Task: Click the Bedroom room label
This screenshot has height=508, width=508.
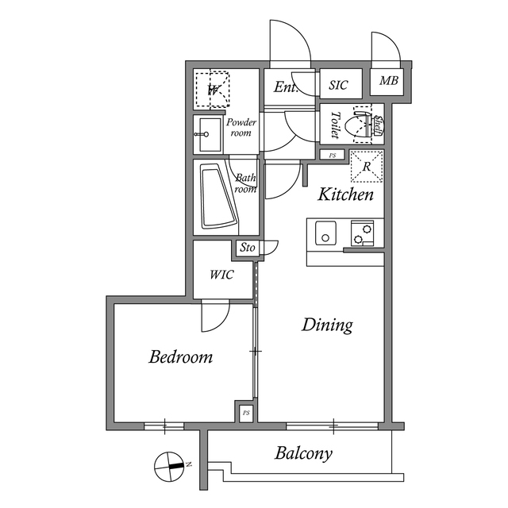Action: click(x=181, y=357)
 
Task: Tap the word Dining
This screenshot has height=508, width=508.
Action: click(x=327, y=325)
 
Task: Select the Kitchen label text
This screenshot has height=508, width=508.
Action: click(x=346, y=194)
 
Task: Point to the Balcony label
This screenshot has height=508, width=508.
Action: click(x=303, y=454)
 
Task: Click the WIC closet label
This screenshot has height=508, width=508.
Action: click(x=222, y=275)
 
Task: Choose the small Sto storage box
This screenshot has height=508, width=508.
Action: click(x=247, y=248)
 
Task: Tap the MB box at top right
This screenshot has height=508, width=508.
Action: click(x=388, y=81)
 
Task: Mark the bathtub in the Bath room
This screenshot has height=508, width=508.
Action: click(x=216, y=196)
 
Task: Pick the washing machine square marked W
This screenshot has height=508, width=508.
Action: click(x=213, y=89)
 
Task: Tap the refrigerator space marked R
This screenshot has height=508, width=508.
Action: click(x=366, y=165)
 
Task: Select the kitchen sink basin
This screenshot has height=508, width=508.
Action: click(x=326, y=233)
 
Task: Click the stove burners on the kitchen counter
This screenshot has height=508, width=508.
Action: click(x=364, y=233)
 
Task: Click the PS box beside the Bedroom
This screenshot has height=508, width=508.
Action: click(x=246, y=413)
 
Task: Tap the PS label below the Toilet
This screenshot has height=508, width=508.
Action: click(x=333, y=155)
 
